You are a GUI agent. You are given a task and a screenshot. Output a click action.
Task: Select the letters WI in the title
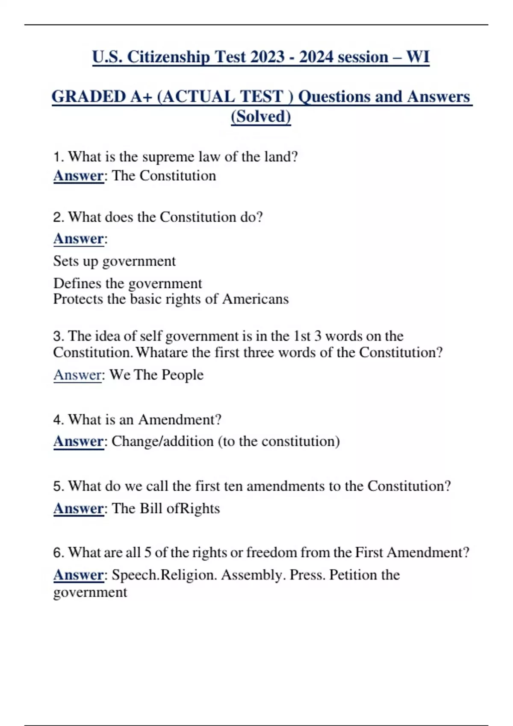(418, 57)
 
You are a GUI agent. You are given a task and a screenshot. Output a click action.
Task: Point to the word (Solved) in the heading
(261, 117)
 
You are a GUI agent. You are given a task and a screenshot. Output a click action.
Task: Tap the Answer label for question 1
(78, 176)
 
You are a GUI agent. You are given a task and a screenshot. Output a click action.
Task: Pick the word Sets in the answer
(65, 261)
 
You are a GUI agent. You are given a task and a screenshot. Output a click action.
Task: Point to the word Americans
(255, 299)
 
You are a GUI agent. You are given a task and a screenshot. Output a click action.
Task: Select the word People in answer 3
(183, 375)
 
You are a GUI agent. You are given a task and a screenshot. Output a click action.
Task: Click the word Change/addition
(162, 441)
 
